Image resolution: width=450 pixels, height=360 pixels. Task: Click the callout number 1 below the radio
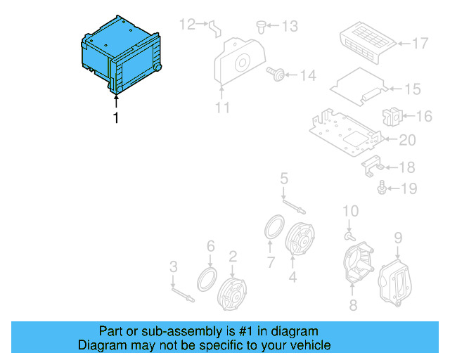(115, 118)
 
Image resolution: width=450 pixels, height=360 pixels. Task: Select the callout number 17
(420, 44)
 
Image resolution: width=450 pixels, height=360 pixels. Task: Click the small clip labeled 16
(391, 116)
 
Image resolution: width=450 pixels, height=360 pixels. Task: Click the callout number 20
(408, 140)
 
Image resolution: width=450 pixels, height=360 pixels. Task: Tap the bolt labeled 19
(382, 188)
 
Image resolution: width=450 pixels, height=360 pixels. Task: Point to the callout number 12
(186, 25)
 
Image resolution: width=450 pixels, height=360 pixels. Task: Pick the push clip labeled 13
(262, 26)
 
